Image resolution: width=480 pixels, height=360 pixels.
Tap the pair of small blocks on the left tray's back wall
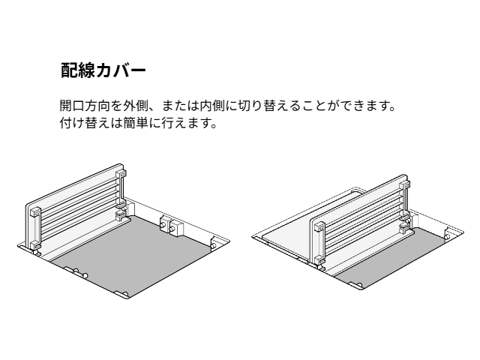click(172, 225)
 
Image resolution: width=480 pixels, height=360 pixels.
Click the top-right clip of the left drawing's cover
click(121, 174)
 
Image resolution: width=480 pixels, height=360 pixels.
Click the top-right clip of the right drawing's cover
click(405, 184)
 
